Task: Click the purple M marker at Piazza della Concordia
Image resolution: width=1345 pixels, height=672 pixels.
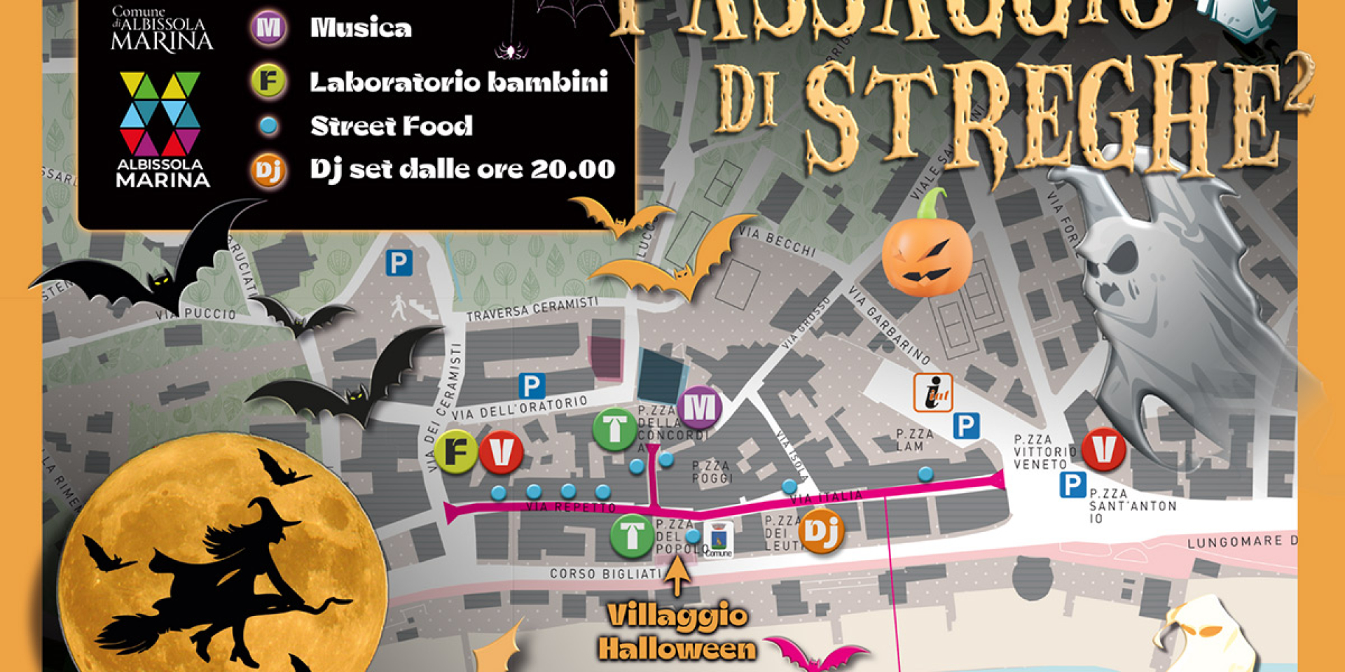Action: (x=699, y=407)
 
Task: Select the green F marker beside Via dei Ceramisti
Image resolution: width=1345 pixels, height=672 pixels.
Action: (x=456, y=451)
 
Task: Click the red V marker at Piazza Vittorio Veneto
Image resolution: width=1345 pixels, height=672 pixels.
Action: (x=1103, y=449)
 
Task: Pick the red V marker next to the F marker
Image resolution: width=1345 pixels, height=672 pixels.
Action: (x=501, y=451)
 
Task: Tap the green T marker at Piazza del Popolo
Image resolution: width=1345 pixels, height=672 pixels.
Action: (x=632, y=535)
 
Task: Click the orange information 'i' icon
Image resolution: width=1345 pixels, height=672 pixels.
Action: (x=933, y=392)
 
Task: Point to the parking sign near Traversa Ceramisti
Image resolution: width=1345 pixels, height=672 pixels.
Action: (x=399, y=264)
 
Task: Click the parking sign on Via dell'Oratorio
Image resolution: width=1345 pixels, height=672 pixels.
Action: (x=532, y=386)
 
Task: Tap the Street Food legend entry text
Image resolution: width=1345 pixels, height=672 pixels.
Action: (x=391, y=127)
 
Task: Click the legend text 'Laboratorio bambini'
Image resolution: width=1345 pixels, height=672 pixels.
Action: (x=459, y=83)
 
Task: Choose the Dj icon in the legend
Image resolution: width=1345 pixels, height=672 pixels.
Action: (x=268, y=170)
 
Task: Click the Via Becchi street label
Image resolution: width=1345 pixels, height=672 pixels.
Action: (x=786, y=242)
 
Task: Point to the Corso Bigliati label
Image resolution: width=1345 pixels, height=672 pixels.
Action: (x=605, y=574)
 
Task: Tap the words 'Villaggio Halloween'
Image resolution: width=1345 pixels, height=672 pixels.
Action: (x=676, y=633)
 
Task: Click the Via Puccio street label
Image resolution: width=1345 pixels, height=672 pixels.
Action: (x=196, y=315)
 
